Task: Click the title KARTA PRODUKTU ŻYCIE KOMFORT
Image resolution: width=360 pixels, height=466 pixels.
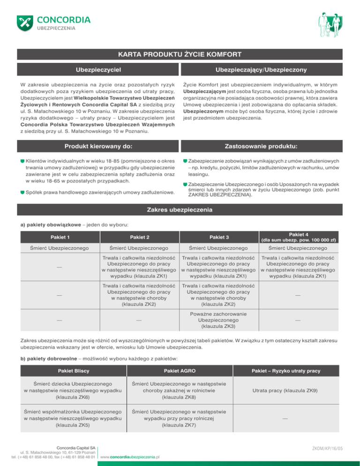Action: pyautogui.click(x=180, y=53)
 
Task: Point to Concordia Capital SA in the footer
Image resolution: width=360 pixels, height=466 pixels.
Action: pyautogui.click(x=75, y=448)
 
